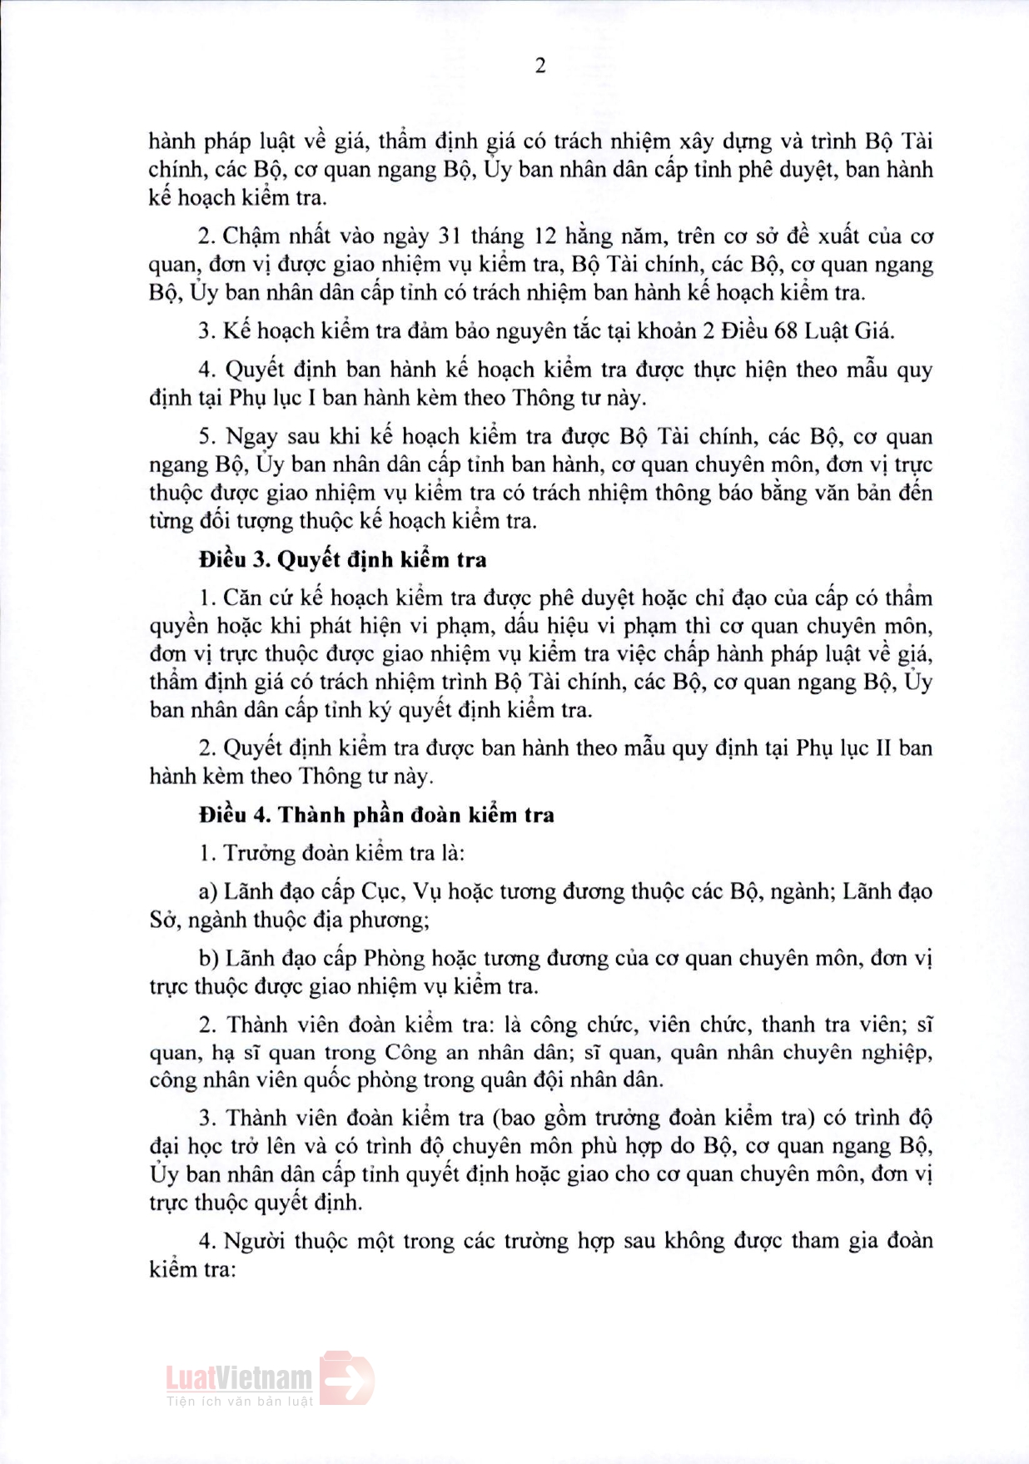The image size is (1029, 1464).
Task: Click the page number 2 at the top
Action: tap(539, 66)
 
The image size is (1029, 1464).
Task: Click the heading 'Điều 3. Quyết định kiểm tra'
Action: tap(342, 560)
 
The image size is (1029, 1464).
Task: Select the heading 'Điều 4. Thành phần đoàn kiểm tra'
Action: tap(376, 815)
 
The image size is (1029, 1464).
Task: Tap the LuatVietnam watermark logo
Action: tap(270, 1378)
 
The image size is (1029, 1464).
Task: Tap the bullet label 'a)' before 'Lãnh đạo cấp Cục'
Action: tap(208, 892)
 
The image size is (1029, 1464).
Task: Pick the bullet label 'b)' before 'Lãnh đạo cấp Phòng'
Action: tap(209, 959)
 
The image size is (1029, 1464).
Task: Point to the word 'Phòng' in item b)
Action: tap(395, 959)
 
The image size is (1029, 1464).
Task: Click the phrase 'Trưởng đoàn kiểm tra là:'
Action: tap(344, 853)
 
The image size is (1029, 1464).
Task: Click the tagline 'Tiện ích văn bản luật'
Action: tap(240, 1402)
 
